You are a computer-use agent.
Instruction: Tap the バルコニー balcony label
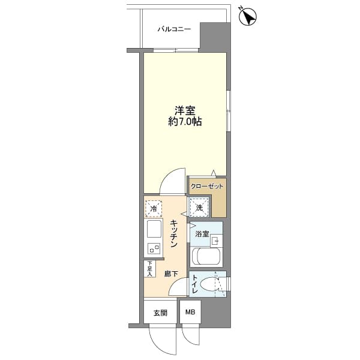[x=174, y=28]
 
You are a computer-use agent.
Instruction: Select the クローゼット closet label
[x=207, y=187]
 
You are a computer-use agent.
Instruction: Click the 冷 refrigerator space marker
[x=154, y=209]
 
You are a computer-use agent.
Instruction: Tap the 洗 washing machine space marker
[x=199, y=208]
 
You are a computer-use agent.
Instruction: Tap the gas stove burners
[x=154, y=248]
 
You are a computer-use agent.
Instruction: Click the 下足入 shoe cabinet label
[x=149, y=268]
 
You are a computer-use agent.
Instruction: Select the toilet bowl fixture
[x=211, y=284]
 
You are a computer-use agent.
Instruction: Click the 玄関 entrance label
[x=160, y=313]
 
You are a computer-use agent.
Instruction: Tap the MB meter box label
[x=190, y=312]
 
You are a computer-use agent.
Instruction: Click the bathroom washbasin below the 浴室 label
[x=215, y=240]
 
